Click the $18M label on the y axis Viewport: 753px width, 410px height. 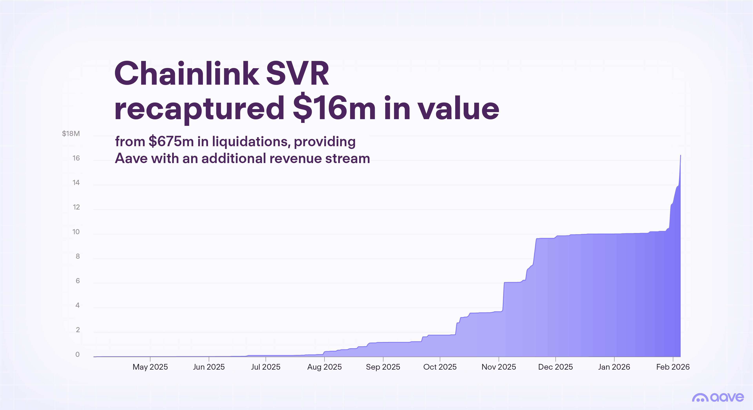point(71,133)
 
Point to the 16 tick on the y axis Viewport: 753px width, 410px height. point(76,158)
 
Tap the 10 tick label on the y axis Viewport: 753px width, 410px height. point(76,232)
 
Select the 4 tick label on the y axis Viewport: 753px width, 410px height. point(77,305)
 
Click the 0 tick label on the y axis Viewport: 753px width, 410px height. point(77,355)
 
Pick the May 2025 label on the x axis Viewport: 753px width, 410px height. point(150,367)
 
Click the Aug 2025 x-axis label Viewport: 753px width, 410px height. point(324,367)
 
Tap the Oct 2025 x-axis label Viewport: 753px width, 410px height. point(440,367)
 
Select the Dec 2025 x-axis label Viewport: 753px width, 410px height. point(555,367)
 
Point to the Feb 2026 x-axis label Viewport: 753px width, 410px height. point(673,367)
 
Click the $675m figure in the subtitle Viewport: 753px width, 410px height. point(171,142)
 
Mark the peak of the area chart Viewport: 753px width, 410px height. point(680,155)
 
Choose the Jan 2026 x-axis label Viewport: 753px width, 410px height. point(614,367)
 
